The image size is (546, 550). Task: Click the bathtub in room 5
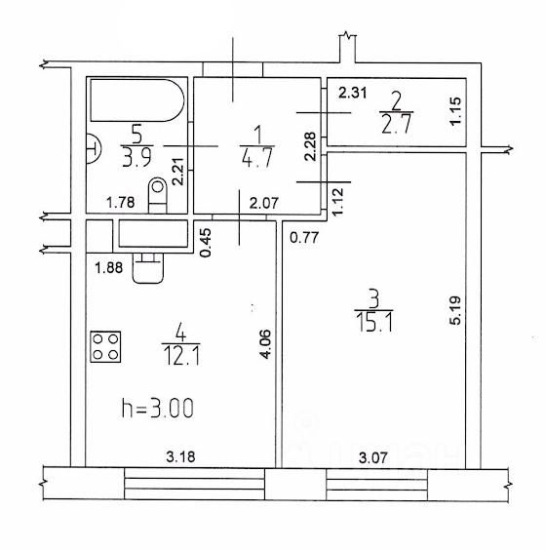coord(137,100)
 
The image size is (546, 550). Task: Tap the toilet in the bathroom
coord(158,195)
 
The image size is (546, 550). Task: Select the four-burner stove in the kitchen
coord(105,346)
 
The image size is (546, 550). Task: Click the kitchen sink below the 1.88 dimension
coord(148,268)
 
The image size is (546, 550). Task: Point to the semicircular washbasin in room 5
coord(94,149)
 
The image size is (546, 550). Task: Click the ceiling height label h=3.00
coord(157,408)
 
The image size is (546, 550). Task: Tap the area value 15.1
coord(373,323)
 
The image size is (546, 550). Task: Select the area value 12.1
coord(181,356)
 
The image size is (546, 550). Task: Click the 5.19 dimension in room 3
coord(455,310)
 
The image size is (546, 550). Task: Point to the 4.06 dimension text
coord(265,343)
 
